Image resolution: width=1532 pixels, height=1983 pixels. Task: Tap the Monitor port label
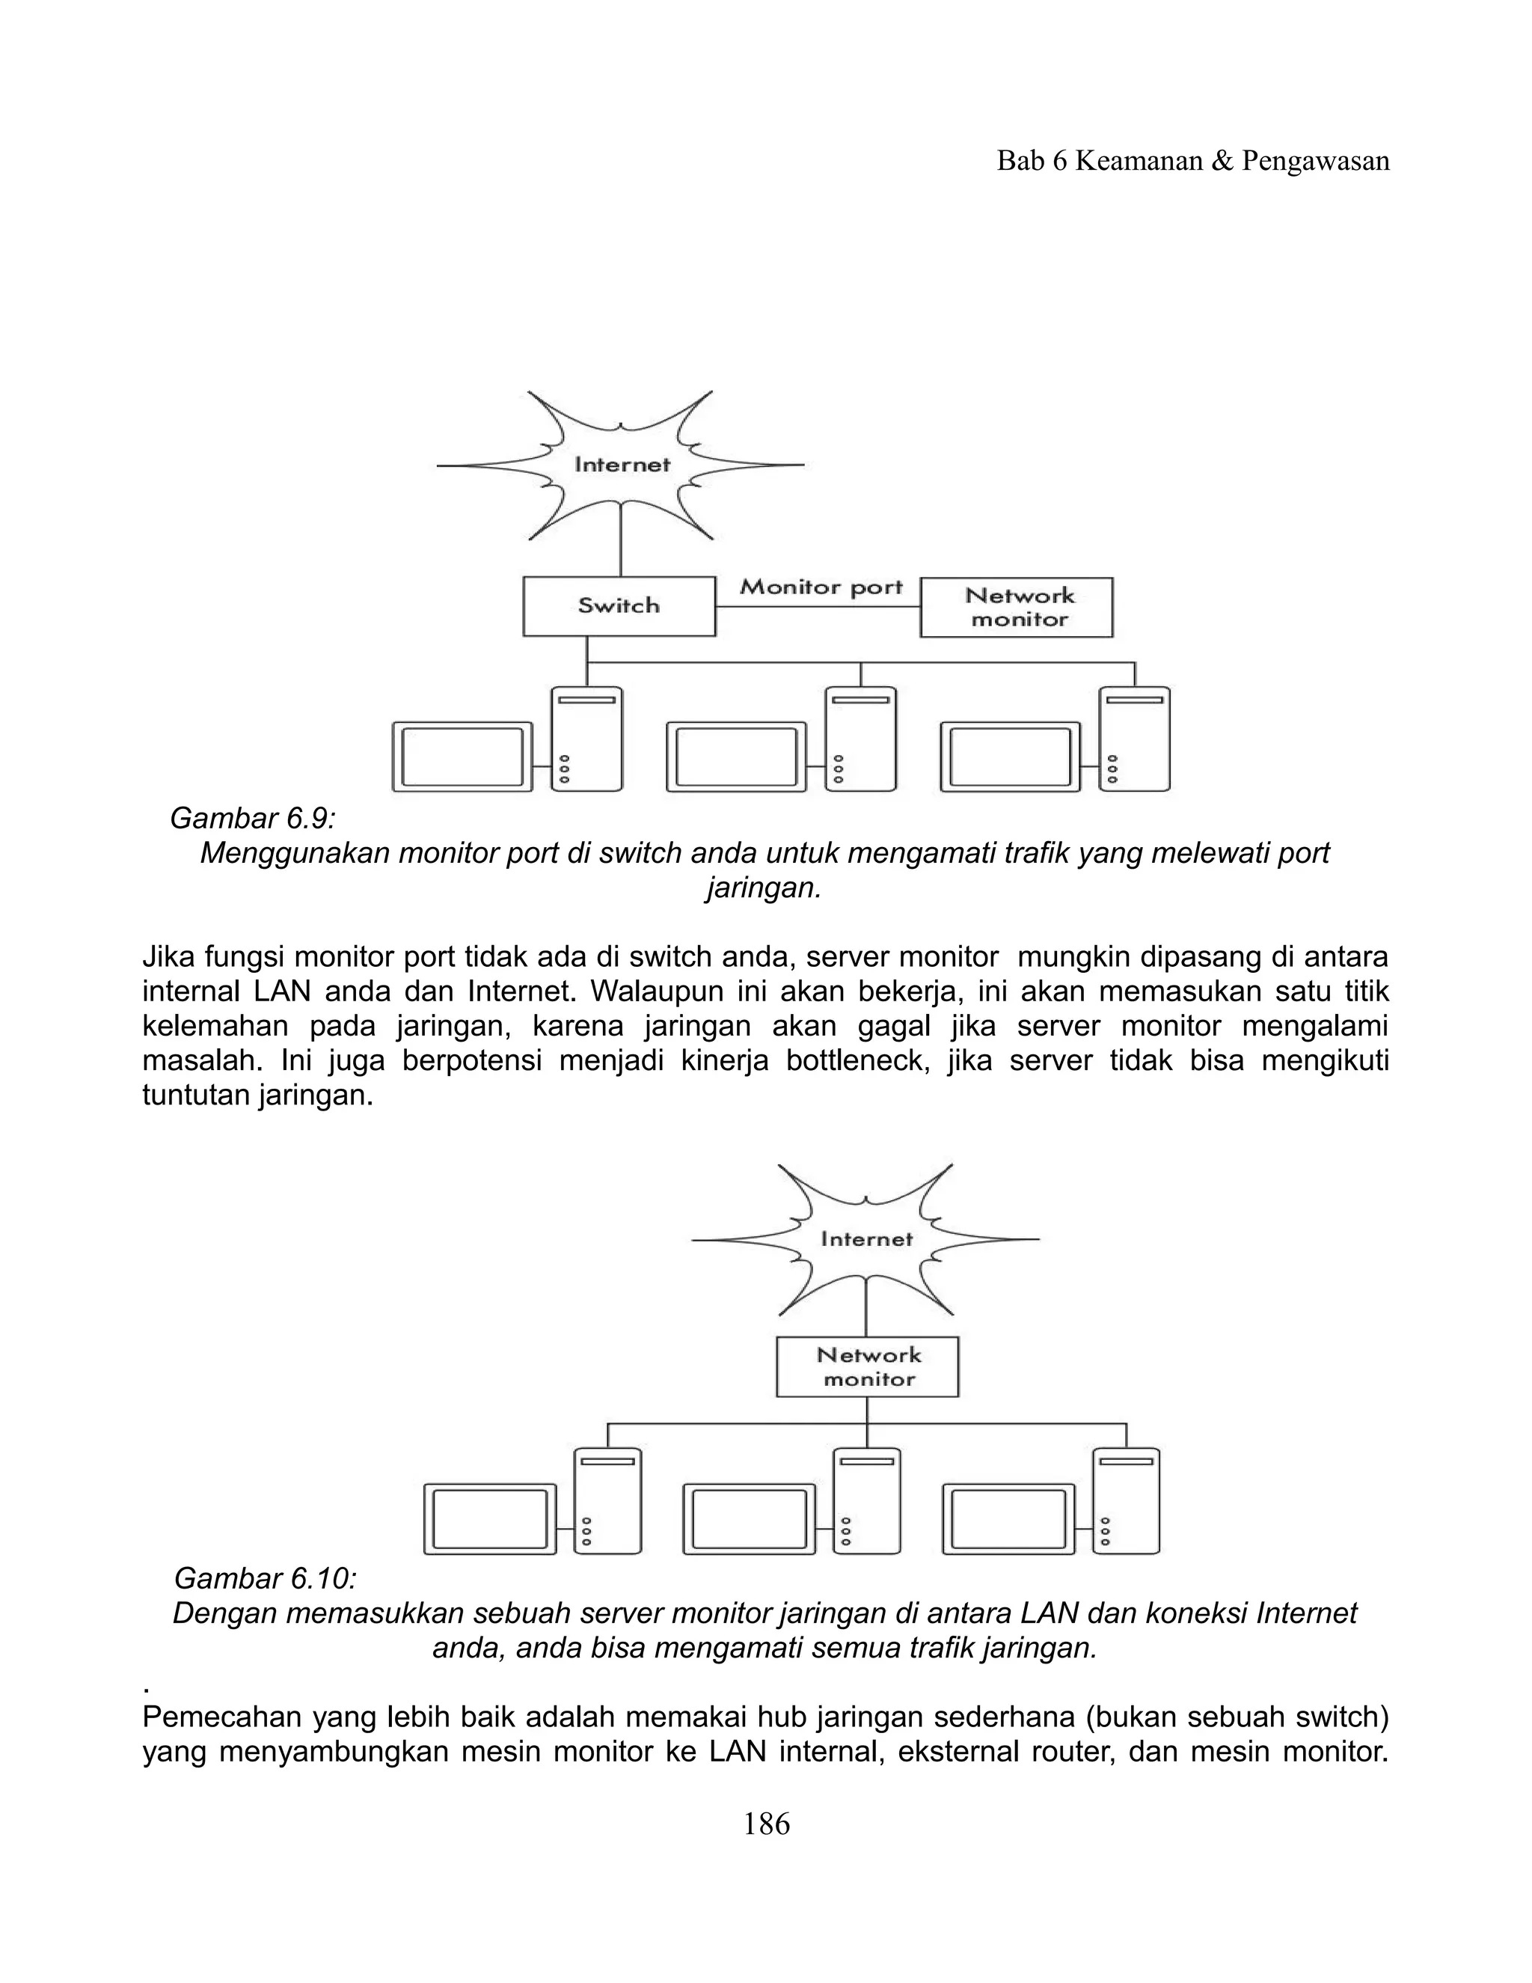821,587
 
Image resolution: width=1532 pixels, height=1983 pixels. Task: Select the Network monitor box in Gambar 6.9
1017,608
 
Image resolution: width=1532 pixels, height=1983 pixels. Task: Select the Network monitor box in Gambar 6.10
868,1366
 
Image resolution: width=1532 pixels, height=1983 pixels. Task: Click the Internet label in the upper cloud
622,465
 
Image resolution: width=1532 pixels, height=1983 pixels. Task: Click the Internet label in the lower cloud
867,1239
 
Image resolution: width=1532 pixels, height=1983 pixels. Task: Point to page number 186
766,1823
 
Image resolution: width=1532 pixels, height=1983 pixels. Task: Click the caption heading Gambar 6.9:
252,819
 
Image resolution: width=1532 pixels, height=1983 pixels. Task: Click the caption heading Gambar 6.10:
265,1578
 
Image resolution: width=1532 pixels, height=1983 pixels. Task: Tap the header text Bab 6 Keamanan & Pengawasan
1192,162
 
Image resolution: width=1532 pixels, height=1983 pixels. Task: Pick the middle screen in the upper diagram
736,757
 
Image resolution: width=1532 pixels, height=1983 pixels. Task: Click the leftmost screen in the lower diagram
490,1519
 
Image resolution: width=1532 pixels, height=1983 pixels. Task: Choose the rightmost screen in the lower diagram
1008,1519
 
